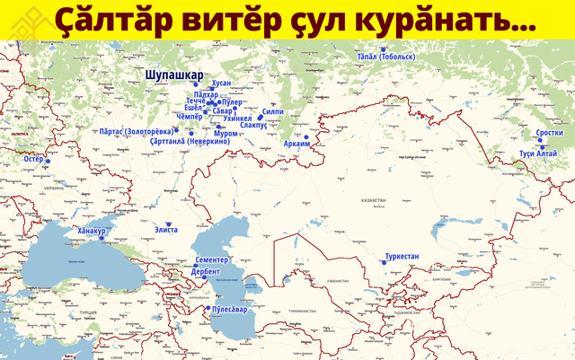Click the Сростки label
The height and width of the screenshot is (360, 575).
coord(549,133)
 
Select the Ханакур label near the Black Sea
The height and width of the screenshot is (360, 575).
coord(92,231)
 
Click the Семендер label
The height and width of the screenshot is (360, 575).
coord(214,259)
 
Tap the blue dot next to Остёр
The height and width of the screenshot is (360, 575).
coord(49,161)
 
